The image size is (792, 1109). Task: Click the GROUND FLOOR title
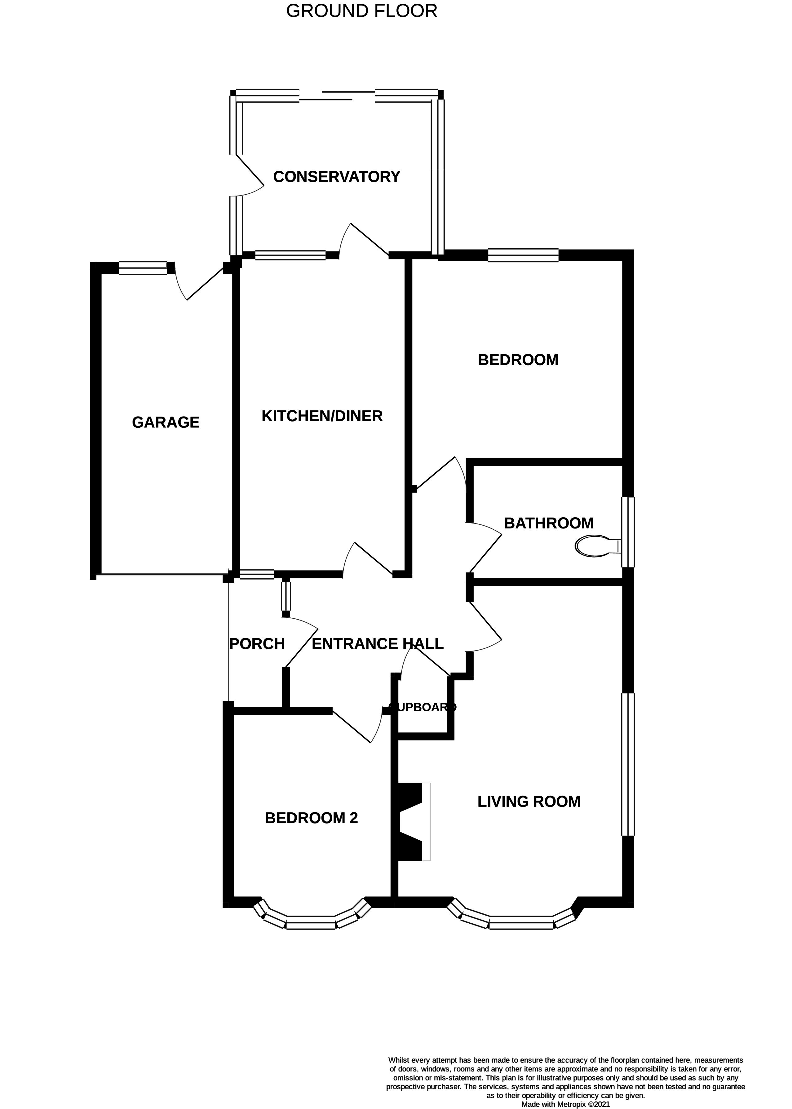click(x=361, y=11)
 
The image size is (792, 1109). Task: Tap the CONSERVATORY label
click(x=337, y=177)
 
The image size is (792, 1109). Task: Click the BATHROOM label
click(x=549, y=523)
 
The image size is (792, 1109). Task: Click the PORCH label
click(x=257, y=644)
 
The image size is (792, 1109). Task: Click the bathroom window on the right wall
click(x=628, y=532)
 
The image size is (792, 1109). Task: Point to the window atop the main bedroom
click(x=523, y=255)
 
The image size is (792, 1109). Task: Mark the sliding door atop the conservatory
click(x=337, y=95)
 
